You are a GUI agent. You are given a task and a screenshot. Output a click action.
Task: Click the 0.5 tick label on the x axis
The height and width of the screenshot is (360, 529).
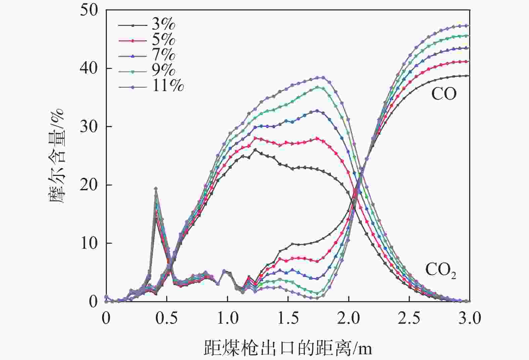click(167, 318)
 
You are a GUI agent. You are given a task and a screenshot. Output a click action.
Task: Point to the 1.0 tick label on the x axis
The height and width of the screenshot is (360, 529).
click(227, 318)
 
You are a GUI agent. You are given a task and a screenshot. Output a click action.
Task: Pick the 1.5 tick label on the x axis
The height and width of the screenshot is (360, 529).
click(288, 318)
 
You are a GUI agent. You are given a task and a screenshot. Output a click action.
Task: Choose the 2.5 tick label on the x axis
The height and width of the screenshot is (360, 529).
click(409, 318)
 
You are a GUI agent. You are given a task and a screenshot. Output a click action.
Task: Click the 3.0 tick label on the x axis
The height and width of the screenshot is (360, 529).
click(469, 318)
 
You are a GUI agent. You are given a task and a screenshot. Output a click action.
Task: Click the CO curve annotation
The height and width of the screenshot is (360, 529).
click(444, 94)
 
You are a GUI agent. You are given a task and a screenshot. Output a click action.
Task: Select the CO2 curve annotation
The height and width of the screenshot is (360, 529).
click(440, 270)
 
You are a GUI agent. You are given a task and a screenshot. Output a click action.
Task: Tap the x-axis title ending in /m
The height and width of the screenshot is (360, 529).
click(288, 348)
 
